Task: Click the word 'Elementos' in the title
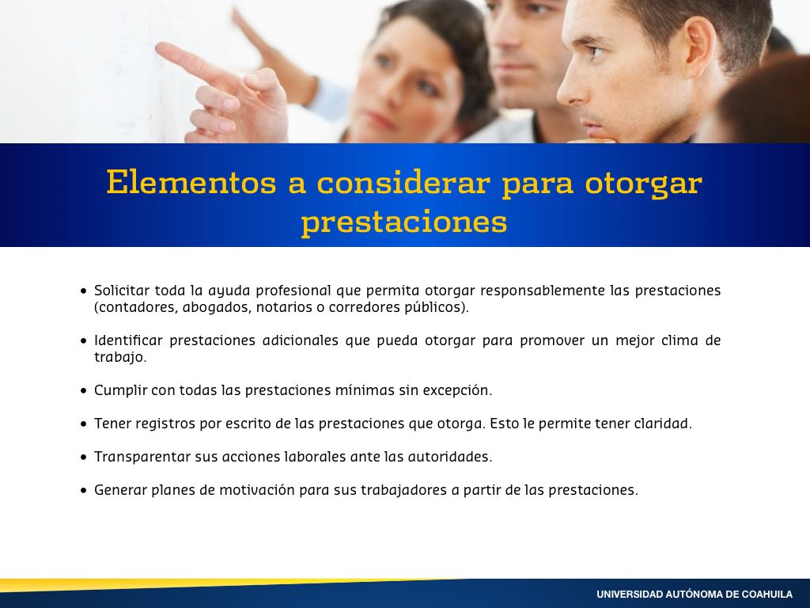pos(191,183)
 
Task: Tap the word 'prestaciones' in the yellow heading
pos(404,222)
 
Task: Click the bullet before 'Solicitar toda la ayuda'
pos(84,291)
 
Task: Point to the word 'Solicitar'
pos(122,291)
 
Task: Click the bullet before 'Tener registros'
pos(84,424)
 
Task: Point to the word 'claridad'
pos(663,424)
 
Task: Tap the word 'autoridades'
pos(450,457)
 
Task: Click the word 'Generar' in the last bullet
pos(120,489)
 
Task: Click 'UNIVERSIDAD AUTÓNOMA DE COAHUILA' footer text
pos(695,595)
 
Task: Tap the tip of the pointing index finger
pos(158,47)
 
